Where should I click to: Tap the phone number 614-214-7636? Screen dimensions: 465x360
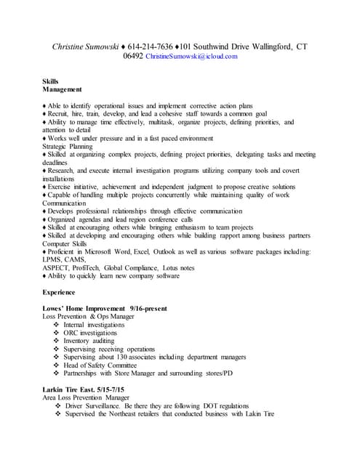[x=168, y=46]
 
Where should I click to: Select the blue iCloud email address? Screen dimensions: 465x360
[x=191, y=56]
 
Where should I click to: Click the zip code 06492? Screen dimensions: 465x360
[x=133, y=56]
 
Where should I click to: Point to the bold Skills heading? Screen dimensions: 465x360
[x=52, y=82]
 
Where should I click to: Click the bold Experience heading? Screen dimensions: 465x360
[x=60, y=292]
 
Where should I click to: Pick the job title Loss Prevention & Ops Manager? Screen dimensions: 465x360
[x=89, y=317]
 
